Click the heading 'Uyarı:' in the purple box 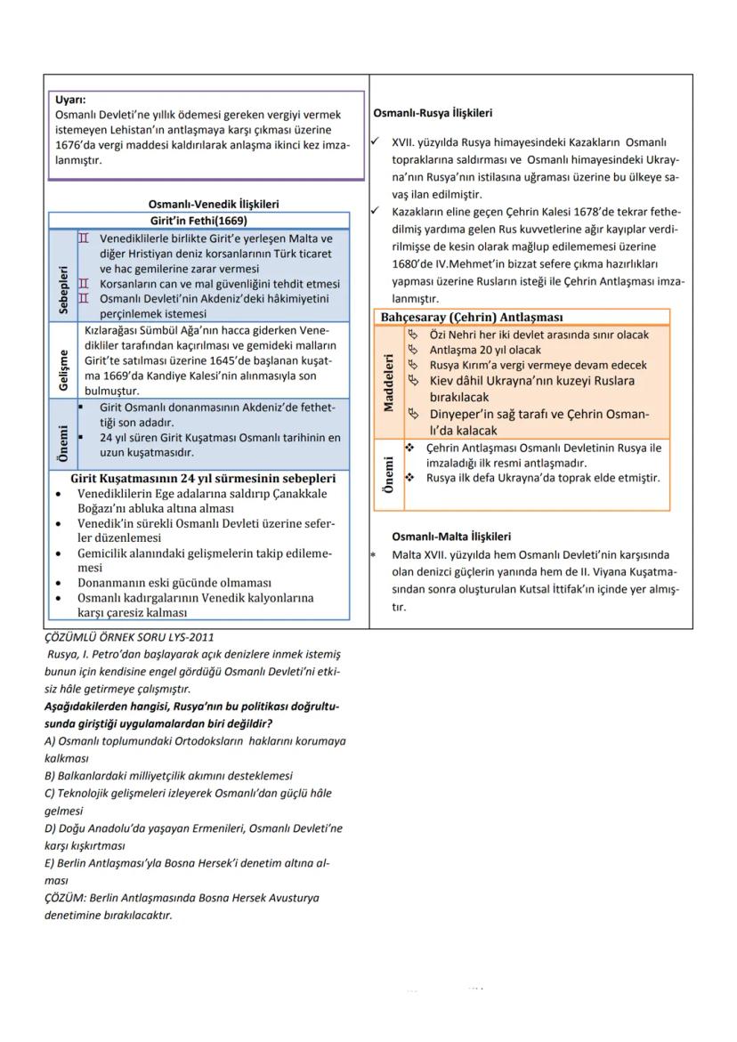(x=70, y=101)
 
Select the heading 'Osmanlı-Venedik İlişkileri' (x=213, y=204)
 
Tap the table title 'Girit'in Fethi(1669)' (x=198, y=220)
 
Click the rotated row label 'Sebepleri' (x=62, y=276)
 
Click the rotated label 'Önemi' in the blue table (x=62, y=435)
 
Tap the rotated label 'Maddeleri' (x=388, y=383)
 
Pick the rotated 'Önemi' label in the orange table (x=388, y=474)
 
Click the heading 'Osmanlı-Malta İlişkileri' (x=451, y=537)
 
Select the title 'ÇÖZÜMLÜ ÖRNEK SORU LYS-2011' (x=129, y=636)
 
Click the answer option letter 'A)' (x=50, y=740)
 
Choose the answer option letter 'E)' (x=50, y=863)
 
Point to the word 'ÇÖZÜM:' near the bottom (x=64, y=898)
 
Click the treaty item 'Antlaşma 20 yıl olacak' (x=485, y=350)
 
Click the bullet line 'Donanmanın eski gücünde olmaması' (x=174, y=583)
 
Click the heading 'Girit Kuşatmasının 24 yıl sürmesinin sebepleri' (x=203, y=478)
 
